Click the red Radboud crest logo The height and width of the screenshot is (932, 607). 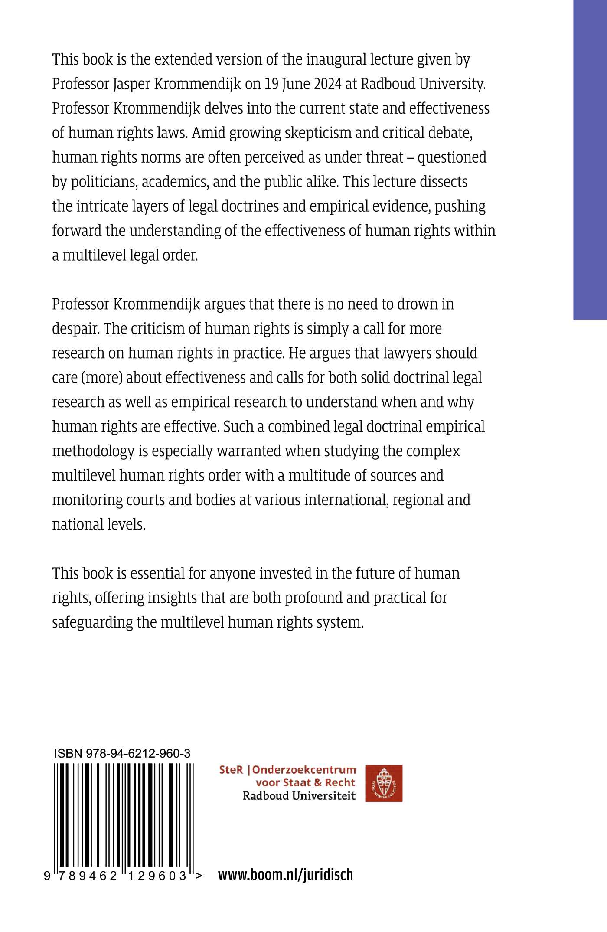point(384,783)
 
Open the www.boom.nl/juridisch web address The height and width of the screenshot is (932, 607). point(285,875)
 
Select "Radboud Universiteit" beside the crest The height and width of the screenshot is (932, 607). point(299,796)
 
